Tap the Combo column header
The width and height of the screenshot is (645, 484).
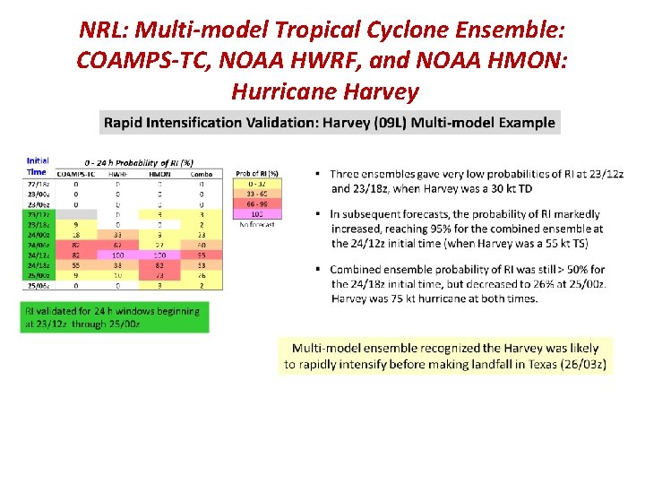click(x=202, y=173)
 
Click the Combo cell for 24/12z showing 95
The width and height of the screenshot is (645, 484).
click(x=202, y=255)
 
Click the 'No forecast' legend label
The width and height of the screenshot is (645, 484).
click(x=257, y=225)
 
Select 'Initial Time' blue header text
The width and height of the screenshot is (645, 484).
click(x=37, y=166)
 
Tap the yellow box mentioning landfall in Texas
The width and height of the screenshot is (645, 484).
click(x=445, y=355)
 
